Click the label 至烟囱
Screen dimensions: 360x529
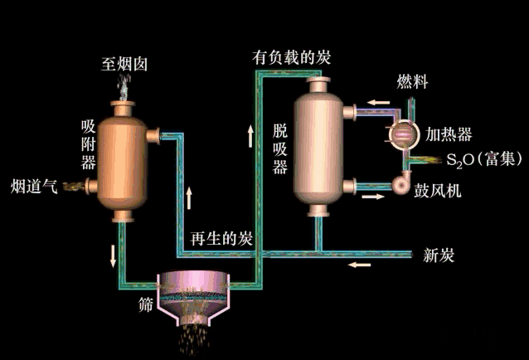pos(124,63)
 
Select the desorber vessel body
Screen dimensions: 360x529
pos(315,145)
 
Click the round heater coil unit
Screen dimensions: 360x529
pos(402,132)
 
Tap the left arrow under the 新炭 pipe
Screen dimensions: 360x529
pos(359,265)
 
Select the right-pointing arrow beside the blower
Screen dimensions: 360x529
pos(372,197)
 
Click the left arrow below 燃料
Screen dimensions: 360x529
pos(377,103)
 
